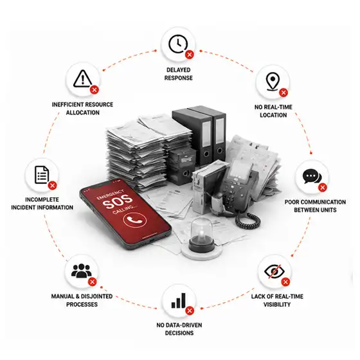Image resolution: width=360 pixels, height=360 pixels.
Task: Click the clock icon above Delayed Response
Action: tap(177, 44)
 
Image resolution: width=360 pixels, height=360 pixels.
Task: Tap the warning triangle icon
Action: tap(83, 78)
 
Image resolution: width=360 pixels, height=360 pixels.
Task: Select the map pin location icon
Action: tap(273, 82)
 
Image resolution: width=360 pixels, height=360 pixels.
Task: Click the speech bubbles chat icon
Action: tap(312, 176)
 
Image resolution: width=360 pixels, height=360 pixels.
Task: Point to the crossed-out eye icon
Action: tap(274, 271)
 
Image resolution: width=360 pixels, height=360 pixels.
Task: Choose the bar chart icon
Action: tap(179, 301)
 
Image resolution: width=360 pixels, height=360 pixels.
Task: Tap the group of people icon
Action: tap(81, 271)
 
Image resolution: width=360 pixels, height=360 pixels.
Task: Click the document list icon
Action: tap(42, 175)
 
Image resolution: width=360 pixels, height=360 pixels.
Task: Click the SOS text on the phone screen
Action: tap(117, 202)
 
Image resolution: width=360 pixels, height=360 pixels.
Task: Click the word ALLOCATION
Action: tap(83, 113)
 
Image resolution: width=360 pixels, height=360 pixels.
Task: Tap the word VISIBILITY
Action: tap(277, 305)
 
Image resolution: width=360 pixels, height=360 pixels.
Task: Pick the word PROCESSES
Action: tap(82, 305)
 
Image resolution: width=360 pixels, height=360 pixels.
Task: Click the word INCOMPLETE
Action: tap(42, 199)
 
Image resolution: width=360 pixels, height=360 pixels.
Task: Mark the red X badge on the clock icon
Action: tap(190, 55)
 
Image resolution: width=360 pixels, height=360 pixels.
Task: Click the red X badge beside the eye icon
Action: tap(285, 282)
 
